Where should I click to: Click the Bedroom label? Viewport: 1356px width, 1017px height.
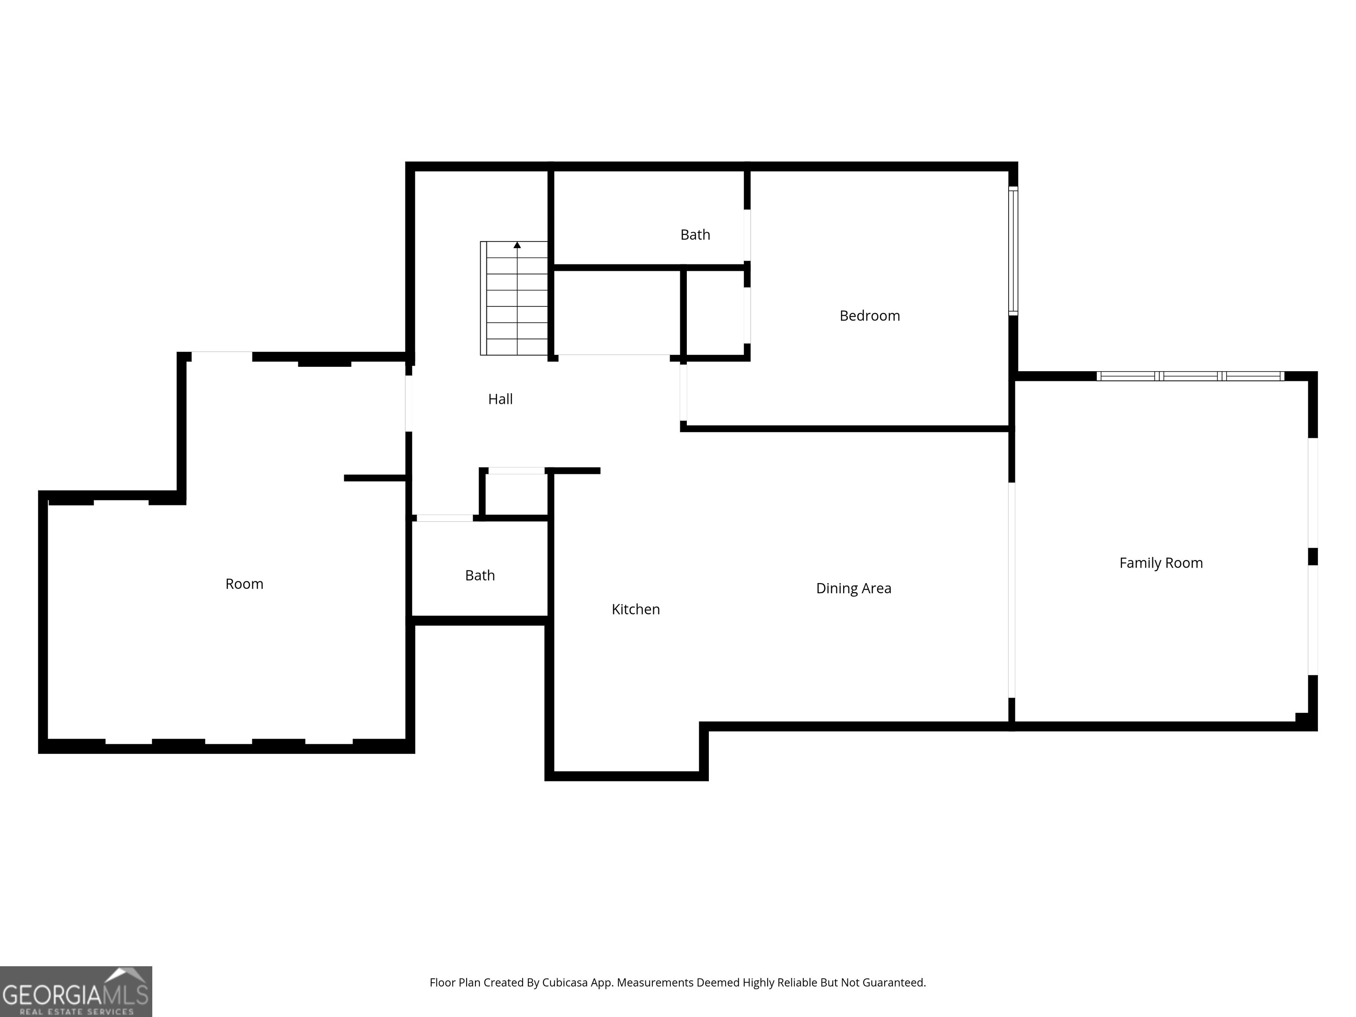869,316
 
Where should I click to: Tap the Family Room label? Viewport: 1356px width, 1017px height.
1160,563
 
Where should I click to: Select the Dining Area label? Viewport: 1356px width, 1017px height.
853,588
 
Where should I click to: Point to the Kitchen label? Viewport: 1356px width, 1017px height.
636,609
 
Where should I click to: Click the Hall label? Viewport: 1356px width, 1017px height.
500,399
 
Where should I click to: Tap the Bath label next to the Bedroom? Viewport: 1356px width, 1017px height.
695,235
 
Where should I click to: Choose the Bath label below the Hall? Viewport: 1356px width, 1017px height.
479,576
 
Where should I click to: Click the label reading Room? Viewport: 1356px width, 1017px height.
244,584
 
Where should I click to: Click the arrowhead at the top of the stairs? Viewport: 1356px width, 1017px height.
517,245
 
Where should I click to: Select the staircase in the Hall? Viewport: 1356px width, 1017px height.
514,298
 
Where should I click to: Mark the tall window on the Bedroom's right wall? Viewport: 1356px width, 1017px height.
1013,251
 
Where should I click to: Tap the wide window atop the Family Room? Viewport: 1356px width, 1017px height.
1190,376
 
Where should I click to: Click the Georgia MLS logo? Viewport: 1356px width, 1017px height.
75,991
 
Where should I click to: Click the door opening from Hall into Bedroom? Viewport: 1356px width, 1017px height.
683,392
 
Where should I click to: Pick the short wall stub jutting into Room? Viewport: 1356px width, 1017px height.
375,478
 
